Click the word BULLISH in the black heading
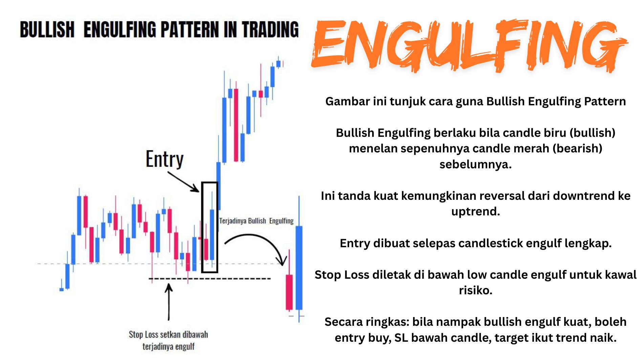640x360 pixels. (x=47, y=29)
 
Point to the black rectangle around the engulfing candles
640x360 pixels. (x=202, y=227)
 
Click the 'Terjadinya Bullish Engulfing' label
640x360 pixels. (x=256, y=221)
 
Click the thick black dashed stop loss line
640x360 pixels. (x=210, y=279)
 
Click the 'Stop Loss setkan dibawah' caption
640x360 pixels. (x=168, y=334)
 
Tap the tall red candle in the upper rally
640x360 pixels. (x=236, y=125)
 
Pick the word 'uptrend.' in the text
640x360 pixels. (x=475, y=212)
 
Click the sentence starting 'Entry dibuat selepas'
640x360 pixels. (x=475, y=243)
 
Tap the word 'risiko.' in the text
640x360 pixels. (x=475, y=290)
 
